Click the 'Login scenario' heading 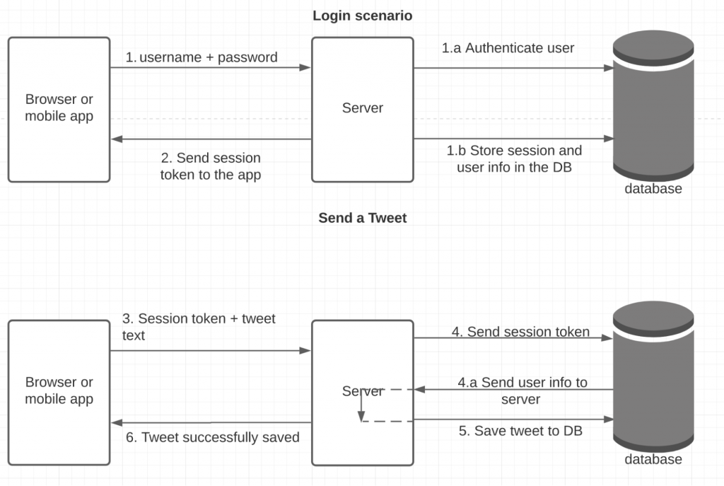(362, 16)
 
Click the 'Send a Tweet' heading (362, 218)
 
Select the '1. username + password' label (202, 57)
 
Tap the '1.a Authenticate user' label (508, 48)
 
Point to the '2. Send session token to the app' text (211, 166)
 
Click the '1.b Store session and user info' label (514, 158)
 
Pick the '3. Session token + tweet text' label (199, 327)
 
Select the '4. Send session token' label (520, 331)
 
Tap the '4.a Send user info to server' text (522, 390)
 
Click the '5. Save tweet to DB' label (520, 430)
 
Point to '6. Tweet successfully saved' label (212, 437)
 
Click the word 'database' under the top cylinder (653, 189)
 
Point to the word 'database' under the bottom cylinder (653, 459)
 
